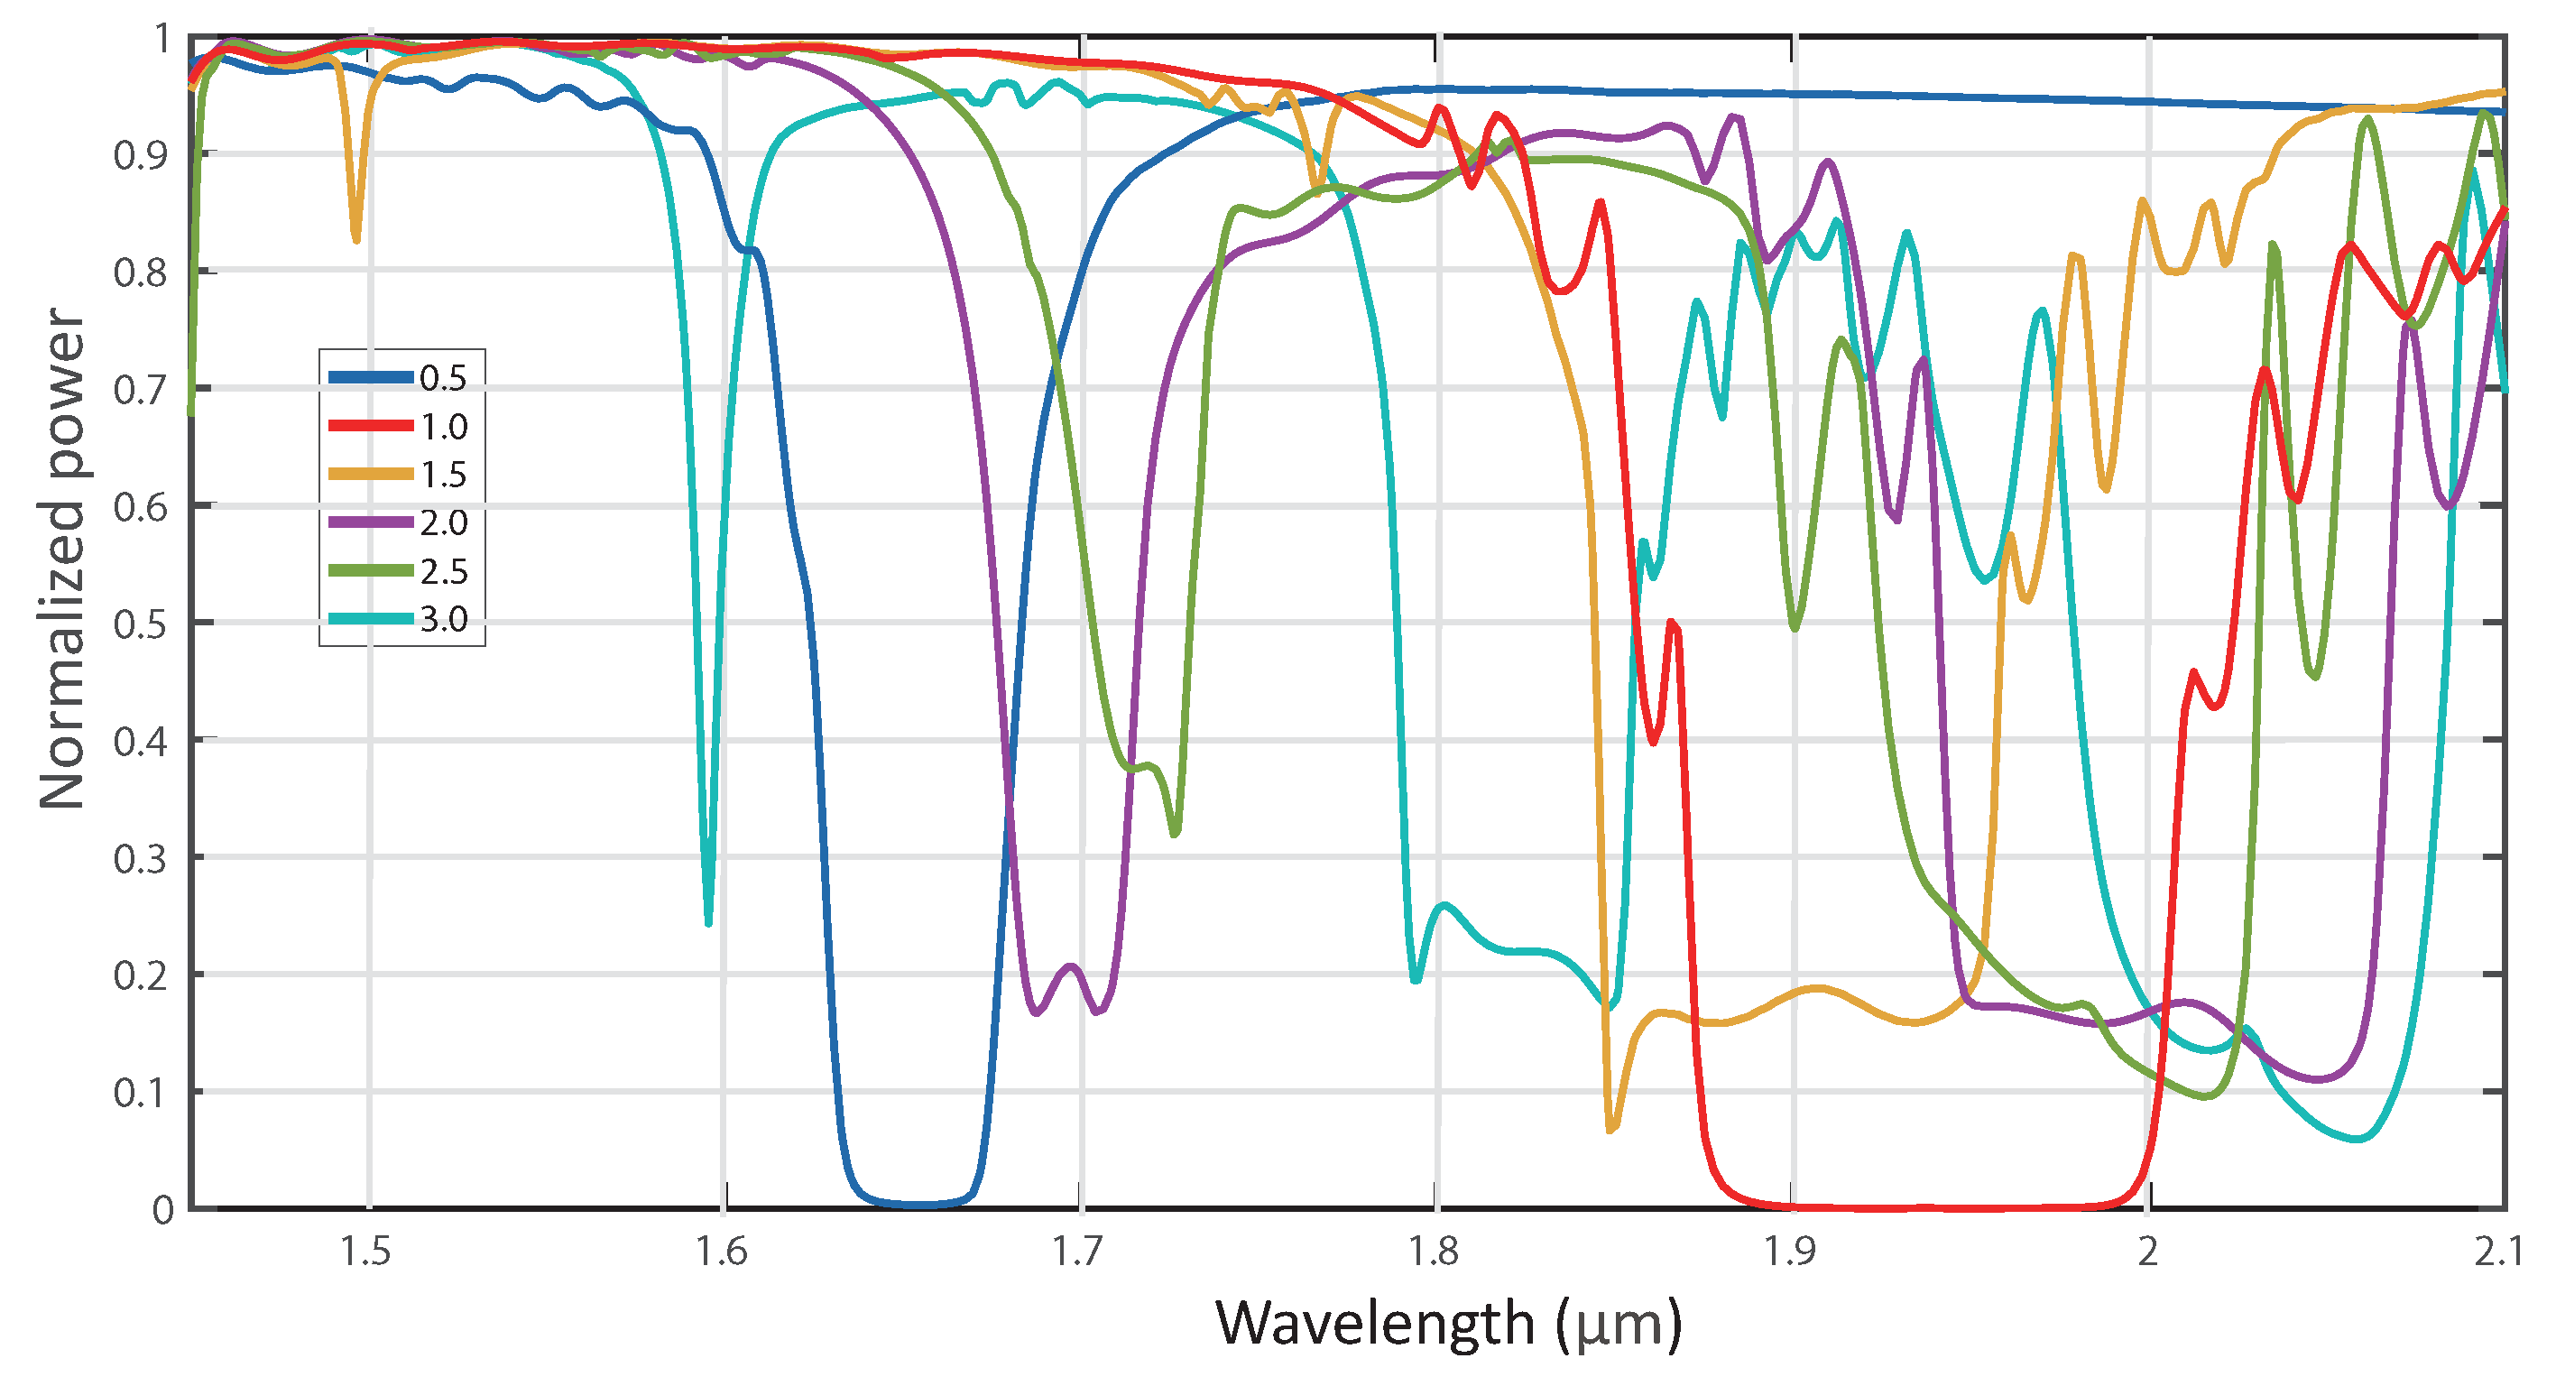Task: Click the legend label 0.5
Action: click(442, 377)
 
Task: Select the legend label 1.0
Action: click(442, 426)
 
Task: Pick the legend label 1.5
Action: click(442, 475)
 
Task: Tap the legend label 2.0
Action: click(442, 522)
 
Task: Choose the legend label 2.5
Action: click(442, 570)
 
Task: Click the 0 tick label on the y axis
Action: click(162, 1210)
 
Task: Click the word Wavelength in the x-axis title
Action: click(1374, 1324)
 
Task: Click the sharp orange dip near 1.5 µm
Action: click(356, 238)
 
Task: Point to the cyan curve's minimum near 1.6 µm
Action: click(708, 923)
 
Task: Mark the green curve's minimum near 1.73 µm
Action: click(1175, 834)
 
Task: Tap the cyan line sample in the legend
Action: click(370, 619)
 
